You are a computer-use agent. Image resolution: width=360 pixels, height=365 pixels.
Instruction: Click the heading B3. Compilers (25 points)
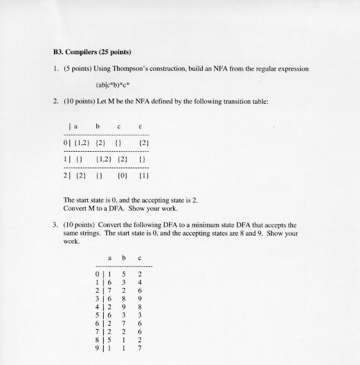pyautogui.click(x=91, y=52)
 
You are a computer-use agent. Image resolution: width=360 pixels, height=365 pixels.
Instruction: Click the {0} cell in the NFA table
pyautogui.click(x=121, y=175)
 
